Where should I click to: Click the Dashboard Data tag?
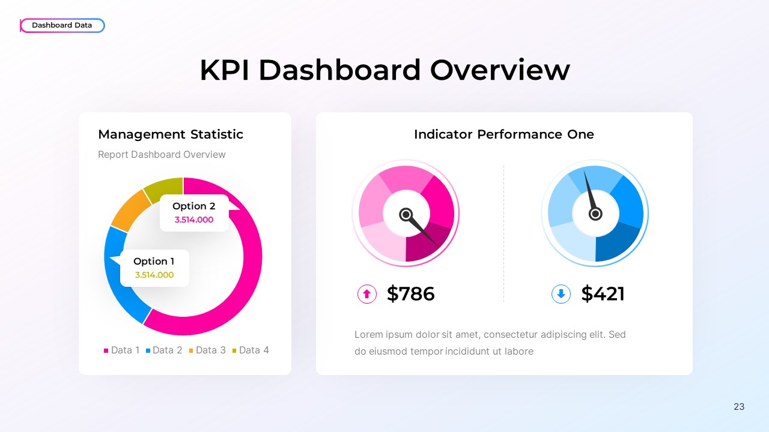pos(62,25)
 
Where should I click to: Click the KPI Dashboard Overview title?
pos(384,70)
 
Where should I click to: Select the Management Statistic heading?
pos(171,134)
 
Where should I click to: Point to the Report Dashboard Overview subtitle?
pos(162,154)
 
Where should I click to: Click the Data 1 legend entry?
pos(122,350)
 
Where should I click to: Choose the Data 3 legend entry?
pos(207,350)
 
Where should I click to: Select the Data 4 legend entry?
pos(251,350)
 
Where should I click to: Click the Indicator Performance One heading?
pos(503,134)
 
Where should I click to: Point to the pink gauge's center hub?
pos(406,214)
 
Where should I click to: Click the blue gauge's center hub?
pos(595,214)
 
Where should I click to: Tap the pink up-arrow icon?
pos(367,294)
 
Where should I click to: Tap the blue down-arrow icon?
pos(561,294)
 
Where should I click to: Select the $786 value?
pos(411,294)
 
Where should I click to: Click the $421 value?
pos(603,294)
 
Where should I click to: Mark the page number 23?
pos(739,407)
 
